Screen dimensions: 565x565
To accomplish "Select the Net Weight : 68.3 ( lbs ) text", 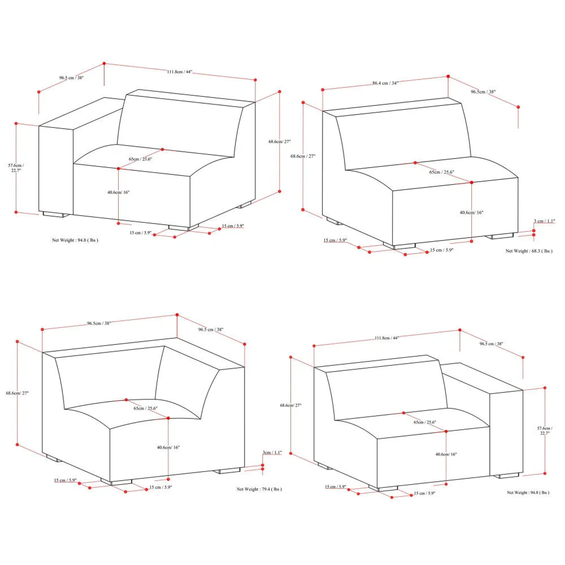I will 529,251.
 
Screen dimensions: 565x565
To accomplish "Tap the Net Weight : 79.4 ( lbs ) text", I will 259,489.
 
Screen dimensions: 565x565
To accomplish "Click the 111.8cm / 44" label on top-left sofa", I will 180,72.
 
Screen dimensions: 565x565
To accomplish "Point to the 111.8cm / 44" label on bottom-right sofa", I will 387,338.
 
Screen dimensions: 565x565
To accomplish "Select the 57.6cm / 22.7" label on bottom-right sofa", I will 545,431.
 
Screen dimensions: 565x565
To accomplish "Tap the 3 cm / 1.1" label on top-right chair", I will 544,221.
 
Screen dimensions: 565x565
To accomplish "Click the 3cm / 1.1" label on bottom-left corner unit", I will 272,452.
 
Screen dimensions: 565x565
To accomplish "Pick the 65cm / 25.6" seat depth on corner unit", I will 145,408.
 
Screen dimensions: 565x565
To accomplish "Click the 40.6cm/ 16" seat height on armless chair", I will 471,213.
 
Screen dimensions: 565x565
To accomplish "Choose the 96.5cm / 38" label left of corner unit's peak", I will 99,323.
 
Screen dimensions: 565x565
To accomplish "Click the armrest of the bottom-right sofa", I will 506,433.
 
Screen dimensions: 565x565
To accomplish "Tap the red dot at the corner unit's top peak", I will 177,315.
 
